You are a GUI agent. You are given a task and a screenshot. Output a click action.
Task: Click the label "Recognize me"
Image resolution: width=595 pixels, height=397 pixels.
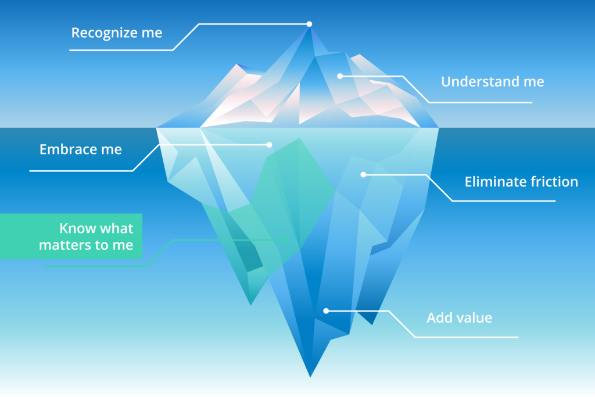117,33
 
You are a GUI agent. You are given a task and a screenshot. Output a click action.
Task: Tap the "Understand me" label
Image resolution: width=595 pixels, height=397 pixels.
493,81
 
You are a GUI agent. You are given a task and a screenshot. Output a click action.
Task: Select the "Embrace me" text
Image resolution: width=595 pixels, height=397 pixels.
81,149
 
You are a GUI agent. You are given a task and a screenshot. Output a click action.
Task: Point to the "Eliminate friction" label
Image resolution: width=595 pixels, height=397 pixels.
521,182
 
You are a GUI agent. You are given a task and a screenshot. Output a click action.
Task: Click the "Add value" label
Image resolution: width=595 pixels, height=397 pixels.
459,318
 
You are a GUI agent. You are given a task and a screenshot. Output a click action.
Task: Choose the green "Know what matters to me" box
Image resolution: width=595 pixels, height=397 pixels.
71,237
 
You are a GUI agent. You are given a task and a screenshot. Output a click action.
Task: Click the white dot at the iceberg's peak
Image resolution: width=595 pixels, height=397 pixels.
309,24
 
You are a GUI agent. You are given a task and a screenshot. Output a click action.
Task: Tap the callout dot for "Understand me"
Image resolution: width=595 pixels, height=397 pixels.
340,76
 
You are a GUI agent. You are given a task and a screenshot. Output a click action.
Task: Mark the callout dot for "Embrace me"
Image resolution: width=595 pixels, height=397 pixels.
269,145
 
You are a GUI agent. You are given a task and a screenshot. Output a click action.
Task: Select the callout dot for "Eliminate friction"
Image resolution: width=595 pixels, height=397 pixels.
363,174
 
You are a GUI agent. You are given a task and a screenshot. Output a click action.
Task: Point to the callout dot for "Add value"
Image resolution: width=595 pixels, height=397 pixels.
326,311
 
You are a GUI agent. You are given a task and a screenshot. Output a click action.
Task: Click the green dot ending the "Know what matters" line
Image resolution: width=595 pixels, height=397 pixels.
285,239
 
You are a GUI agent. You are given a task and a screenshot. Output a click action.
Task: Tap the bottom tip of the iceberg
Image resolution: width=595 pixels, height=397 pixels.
310,377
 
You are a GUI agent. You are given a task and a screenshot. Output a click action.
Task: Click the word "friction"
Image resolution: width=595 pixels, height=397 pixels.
554,182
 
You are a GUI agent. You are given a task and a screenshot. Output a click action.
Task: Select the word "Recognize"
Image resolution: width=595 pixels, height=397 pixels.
104,33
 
